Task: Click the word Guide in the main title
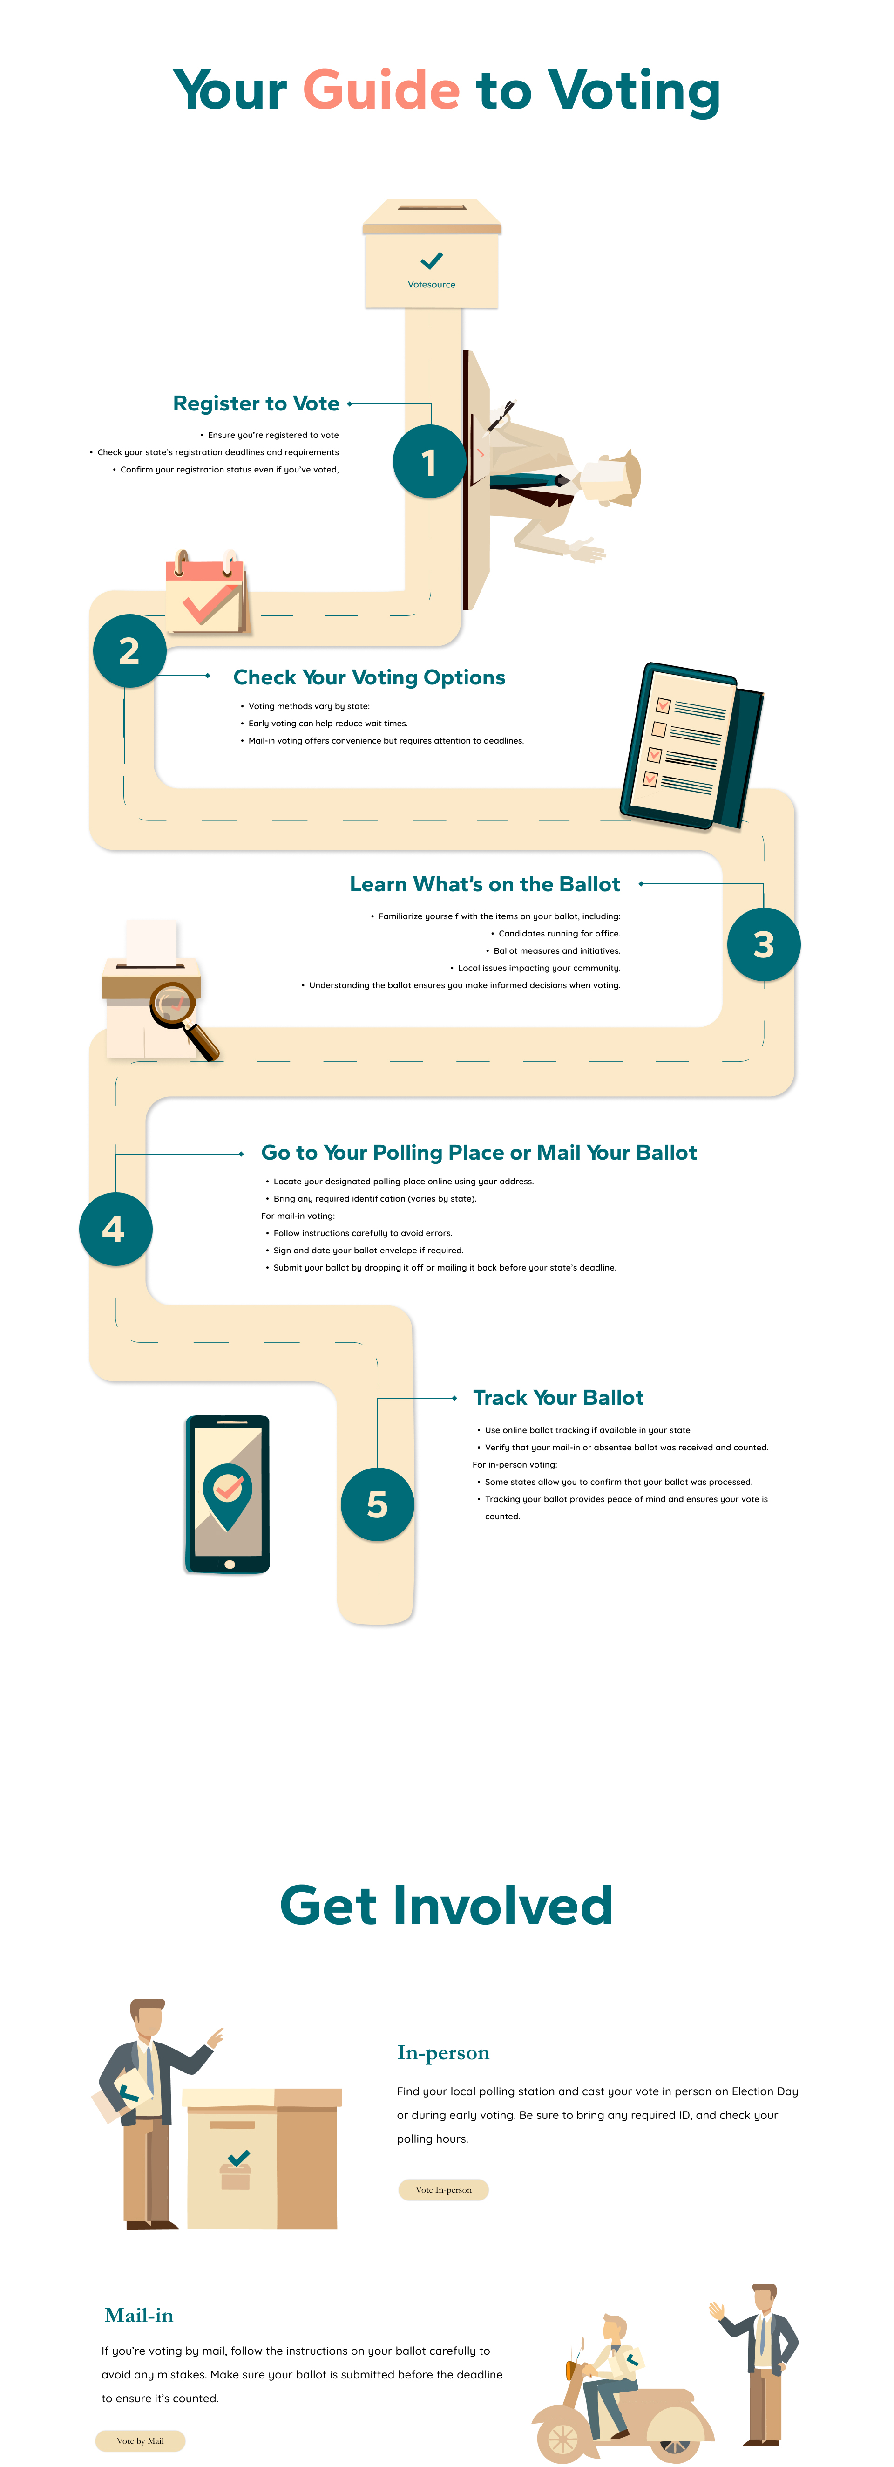pos(381,91)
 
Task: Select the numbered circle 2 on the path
pos(129,650)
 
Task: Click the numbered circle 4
pos(115,1229)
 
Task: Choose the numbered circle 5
pos(377,1503)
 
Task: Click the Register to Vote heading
pos(256,403)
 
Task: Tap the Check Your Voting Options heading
pos(369,677)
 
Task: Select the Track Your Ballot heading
pos(558,1397)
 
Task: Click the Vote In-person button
pos(443,2189)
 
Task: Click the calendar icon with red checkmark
pos(206,592)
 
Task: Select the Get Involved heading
pos(446,1905)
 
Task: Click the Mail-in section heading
pos(139,2315)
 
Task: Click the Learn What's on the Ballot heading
pos(484,884)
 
